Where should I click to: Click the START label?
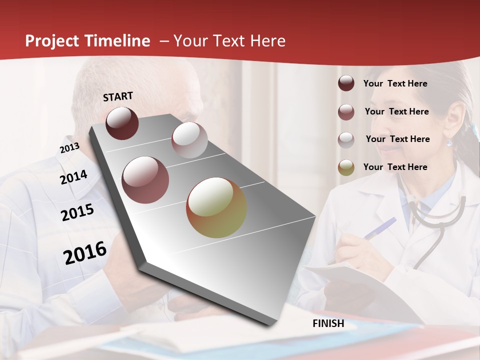click(118, 96)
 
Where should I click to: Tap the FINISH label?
click(328, 323)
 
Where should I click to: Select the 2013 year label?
click(69, 148)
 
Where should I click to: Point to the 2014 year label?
click(73, 177)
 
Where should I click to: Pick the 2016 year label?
click(85, 253)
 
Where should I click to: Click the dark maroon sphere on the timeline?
click(122, 123)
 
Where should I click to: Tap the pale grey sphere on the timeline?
click(189, 140)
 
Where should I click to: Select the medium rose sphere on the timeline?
click(145, 180)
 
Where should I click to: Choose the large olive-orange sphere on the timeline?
click(216, 207)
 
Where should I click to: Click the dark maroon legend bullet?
click(346, 83)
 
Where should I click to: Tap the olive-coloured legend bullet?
click(346, 167)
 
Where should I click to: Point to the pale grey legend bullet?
click(346, 139)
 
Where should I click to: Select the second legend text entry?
click(396, 111)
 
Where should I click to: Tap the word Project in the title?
click(52, 41)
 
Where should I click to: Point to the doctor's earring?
click(449, 142)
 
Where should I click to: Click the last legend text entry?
click(395, 167)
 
